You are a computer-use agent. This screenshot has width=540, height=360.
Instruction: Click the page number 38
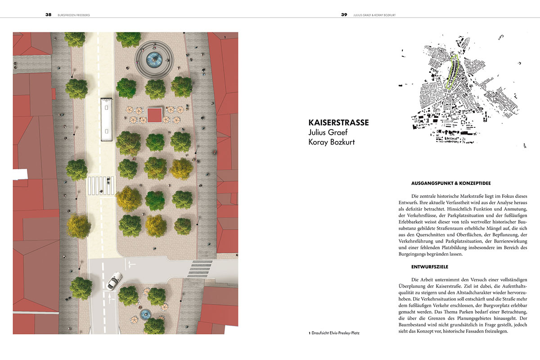click(x=48, y=14)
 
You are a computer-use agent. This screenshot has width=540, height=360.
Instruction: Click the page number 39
click(x=344, y=14)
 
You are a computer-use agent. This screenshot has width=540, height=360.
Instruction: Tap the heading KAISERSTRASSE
click(x=338, y=122)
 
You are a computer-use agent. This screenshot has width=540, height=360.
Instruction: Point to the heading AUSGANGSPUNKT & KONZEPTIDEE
click(x=450, y=183)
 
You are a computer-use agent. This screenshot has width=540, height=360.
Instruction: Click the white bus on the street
click(x=106, y=120)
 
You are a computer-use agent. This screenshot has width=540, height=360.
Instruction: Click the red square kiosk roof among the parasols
click(x=155, y=115)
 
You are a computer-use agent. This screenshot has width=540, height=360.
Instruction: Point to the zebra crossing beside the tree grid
click(x=101, y=185)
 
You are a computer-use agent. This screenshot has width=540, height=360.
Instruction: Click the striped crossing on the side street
click(x=200, y=268)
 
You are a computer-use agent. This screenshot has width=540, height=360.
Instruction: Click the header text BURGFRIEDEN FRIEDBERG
click(x=75, y=14)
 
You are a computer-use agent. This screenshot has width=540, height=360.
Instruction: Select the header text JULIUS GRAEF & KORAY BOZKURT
click(x=377, y=14)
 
